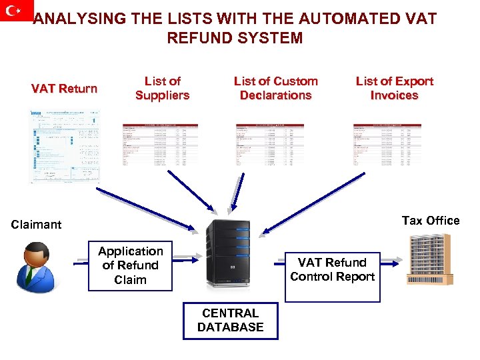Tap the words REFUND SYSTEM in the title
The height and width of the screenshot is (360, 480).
[235, 38]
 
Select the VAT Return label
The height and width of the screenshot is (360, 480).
[64, 89]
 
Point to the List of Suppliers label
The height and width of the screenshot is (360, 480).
[162, 88]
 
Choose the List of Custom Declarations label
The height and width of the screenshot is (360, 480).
[275, 88]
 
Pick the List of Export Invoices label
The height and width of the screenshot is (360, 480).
[394, 88]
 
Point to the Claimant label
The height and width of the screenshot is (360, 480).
[36, 225]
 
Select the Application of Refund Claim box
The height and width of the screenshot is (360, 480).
[130, 265]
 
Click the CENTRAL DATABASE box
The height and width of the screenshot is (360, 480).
[230, 320]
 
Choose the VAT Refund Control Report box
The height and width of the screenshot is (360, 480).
[332, 269]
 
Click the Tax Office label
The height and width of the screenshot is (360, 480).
[430, 221]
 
